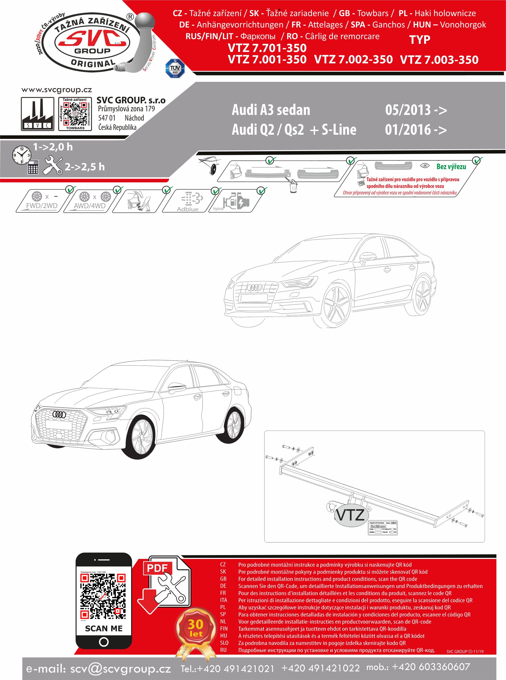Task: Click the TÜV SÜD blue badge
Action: (175, 68)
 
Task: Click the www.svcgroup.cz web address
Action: (57, 90)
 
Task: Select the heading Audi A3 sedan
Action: (271, 110)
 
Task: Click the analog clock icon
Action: (21, 155)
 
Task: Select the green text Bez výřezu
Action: (451, 166)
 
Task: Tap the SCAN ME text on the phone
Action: (104, 628)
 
